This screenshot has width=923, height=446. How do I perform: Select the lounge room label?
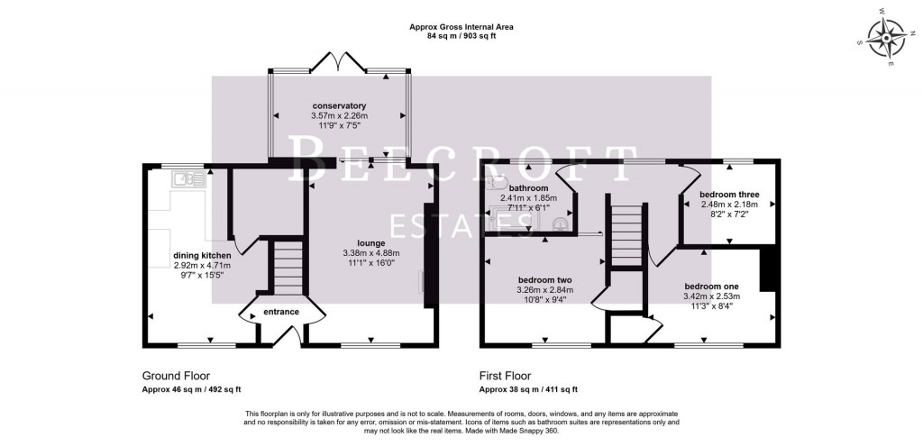[x=370, y=242]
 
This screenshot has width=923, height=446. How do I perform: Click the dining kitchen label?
[x=202, y=255]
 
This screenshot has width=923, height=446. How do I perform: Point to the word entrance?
[x=280, y=312]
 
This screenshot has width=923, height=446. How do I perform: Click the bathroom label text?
[x=528, y=187]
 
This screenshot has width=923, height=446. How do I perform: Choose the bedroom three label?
[x=729, y=195]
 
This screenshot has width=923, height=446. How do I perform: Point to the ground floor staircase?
[x=288, y=266]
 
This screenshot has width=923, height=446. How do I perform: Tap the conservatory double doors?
[x=339, y=63]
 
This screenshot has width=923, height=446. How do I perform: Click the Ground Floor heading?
[x=178, y=376]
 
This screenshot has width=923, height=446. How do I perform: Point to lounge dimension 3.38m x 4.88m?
[x=370, y=253]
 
